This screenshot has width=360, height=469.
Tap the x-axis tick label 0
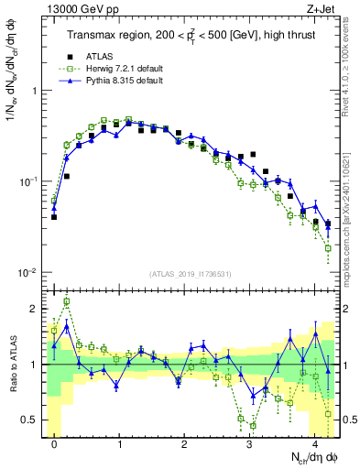[55, 446]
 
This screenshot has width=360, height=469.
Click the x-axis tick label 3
[250, 446]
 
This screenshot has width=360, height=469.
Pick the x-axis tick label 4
[315, 446]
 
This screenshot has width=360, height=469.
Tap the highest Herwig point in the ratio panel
[67, 301]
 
